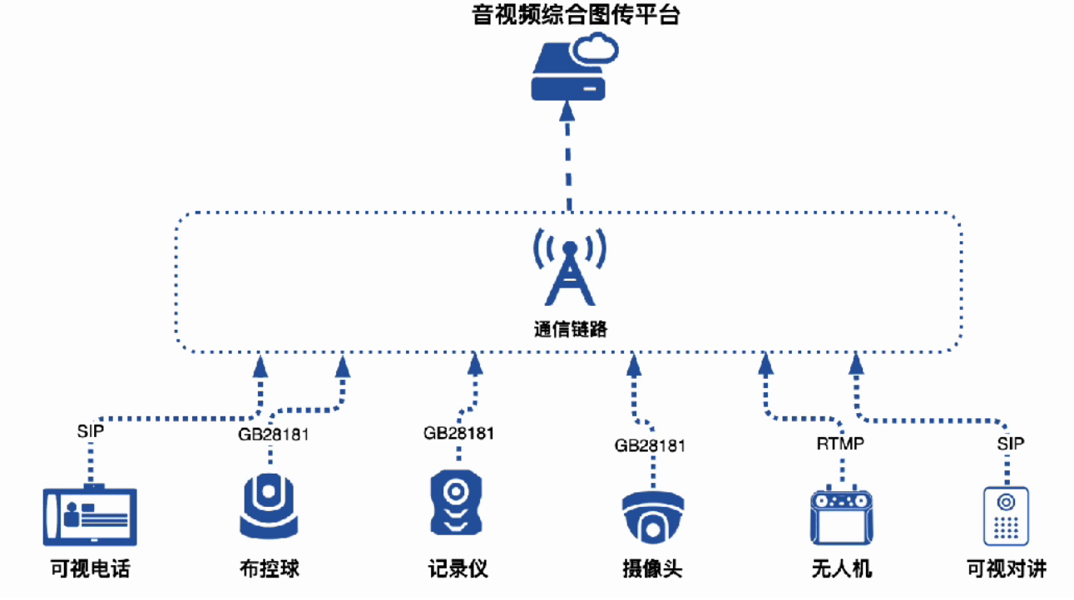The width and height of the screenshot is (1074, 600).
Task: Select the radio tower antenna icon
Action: (570, 267)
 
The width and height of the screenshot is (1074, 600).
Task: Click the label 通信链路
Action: (570, 329)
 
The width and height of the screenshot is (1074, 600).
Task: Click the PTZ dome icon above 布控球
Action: (269, 507)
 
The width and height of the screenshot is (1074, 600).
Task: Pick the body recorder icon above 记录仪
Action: (456, 504)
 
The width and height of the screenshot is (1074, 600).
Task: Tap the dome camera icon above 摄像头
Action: (652, 516)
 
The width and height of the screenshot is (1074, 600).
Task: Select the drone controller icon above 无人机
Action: (841, 516)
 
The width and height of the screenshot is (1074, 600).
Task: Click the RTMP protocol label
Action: (840, 444)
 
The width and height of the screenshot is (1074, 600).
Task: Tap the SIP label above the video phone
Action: (91, 431)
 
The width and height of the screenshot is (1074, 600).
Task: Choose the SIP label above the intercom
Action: (1011, 444)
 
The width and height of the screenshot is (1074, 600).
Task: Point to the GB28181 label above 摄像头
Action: (651, 445)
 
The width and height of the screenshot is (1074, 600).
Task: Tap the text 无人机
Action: (841, 569)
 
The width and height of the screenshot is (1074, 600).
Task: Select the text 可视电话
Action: (90, 569)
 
